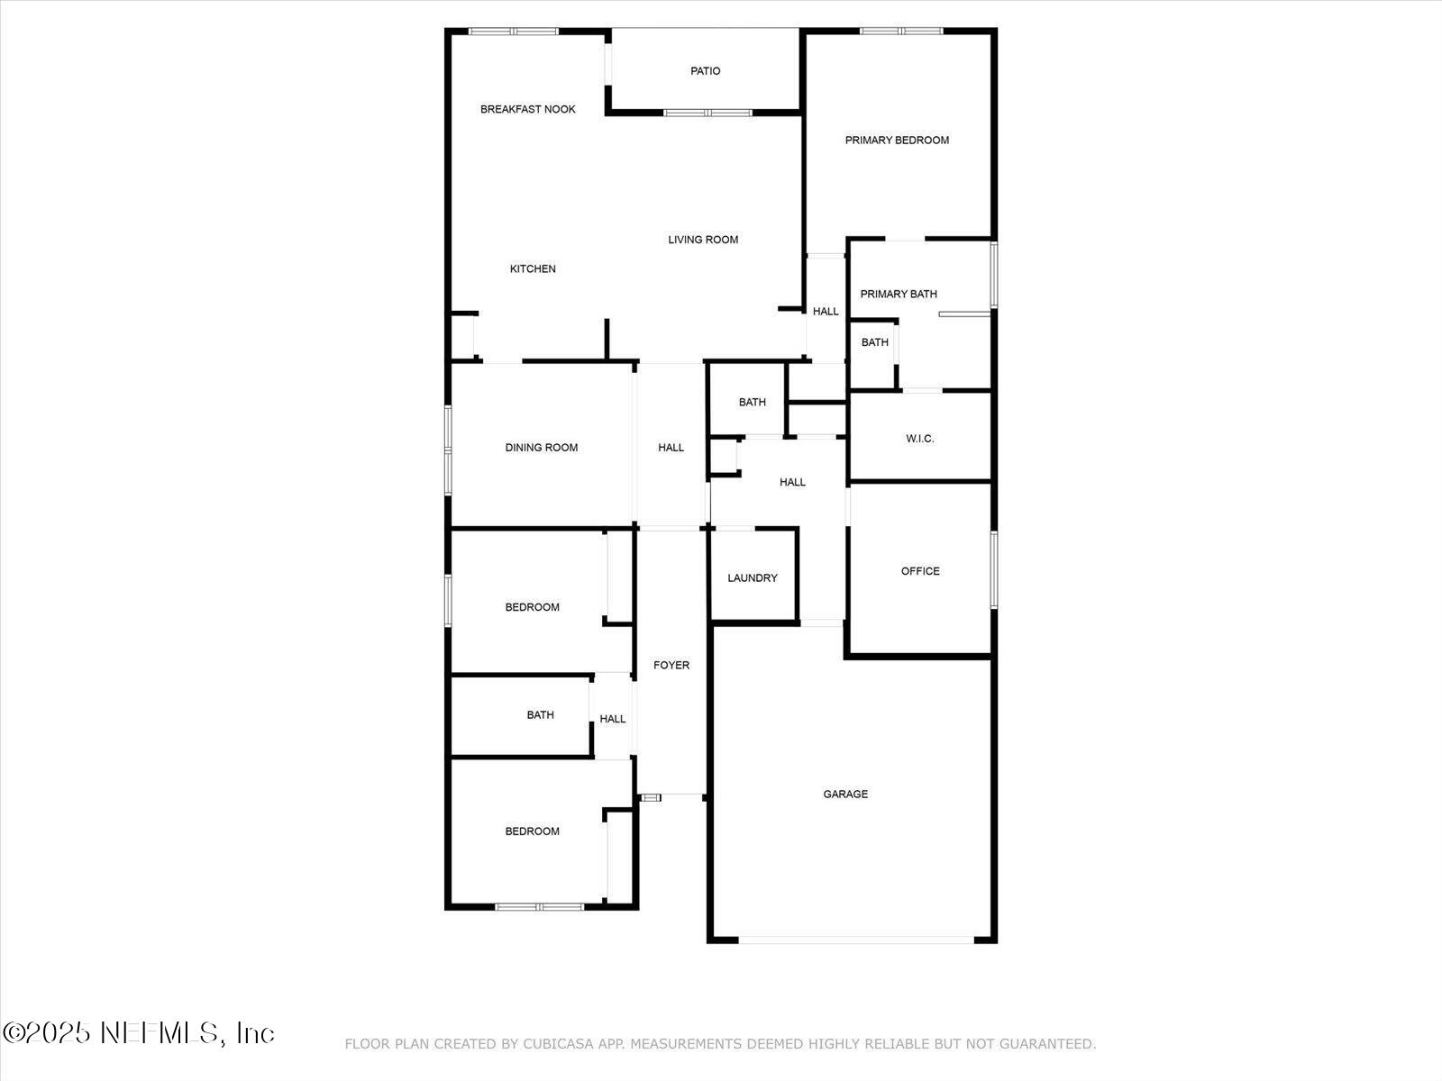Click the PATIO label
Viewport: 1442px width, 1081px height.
706,71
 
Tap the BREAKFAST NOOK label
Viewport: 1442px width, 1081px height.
528,109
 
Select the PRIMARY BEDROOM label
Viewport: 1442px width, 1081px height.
897,140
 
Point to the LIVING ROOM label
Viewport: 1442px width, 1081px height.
703,240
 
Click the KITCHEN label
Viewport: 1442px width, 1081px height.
533,268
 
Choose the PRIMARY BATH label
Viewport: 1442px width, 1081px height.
899,294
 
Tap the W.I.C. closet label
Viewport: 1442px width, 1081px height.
920,439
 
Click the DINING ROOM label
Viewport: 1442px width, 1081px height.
542,448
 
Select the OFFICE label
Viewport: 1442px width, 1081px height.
920,571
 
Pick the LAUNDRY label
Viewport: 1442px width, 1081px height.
753,578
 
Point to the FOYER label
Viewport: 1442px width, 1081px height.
671,665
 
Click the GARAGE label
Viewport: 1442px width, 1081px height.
845,795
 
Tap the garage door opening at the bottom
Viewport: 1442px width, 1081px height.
856,940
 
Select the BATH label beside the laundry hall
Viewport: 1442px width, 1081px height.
753,403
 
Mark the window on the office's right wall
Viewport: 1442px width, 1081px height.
994,569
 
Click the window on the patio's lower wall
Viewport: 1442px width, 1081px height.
708,113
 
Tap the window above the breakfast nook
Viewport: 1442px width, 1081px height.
514,32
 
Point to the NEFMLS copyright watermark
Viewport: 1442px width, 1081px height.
139,1032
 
